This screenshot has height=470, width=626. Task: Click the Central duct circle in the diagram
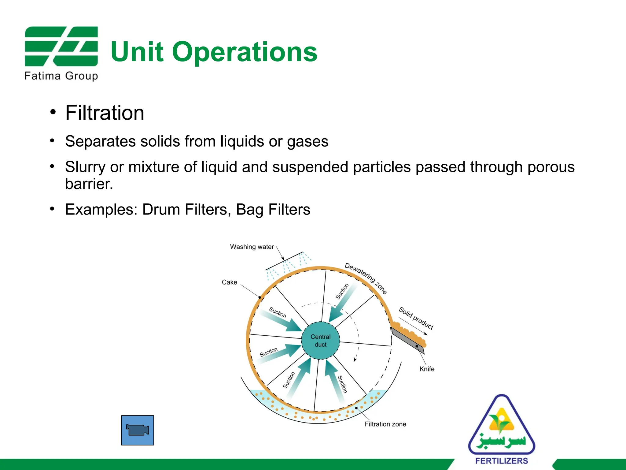point(320,340)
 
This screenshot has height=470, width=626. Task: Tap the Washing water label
point(252,247)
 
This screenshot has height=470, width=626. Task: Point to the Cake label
point(229,282)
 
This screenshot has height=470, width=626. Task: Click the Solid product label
point(416,318)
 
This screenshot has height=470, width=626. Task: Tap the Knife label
point(427,369)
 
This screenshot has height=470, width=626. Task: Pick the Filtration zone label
point(385,424)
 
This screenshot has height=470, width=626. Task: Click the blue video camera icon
point(138,430)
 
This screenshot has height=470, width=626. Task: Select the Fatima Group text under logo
point(61,76)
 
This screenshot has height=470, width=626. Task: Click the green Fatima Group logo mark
point(61,46)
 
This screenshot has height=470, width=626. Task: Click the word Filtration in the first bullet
point(105,113)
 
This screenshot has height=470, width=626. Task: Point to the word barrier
point(89,184)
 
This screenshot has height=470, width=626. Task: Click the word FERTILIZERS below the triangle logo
point(502,461)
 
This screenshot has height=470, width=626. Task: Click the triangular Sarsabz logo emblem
point(501,425)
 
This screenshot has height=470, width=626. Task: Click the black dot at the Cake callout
point(260,297)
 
